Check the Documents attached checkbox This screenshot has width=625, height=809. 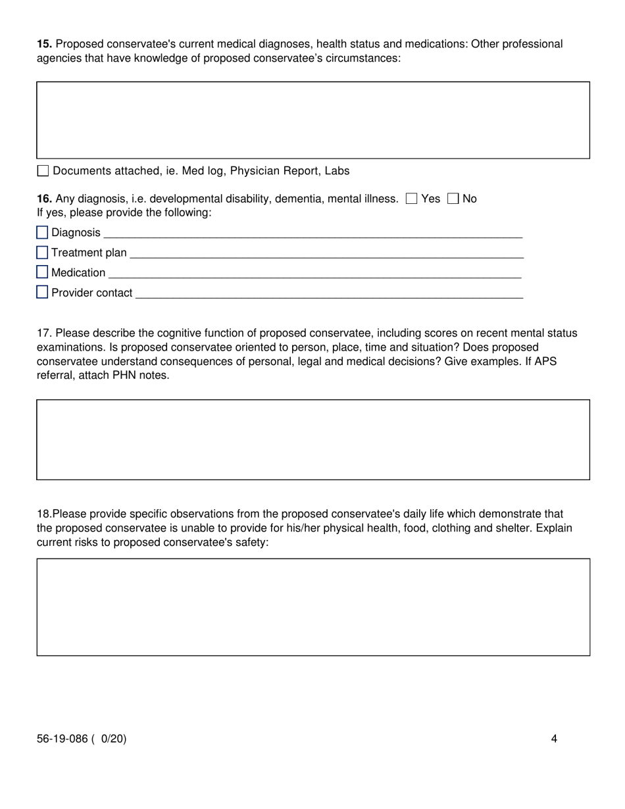[43, 171]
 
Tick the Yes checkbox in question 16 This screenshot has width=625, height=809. [412, 199]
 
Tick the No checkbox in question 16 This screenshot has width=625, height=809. [453, 199]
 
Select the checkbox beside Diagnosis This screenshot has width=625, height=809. [42, 233]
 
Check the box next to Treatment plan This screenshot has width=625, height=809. [42, 253]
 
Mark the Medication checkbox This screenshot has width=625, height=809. [42, 272]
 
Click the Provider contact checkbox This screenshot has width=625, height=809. [42, 293]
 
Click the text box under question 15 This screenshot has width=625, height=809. [313, 120]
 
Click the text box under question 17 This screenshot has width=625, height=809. [313, 439]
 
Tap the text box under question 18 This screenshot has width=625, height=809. [313, 607]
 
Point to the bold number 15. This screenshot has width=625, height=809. [44, 44]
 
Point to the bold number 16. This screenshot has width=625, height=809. [44, 199]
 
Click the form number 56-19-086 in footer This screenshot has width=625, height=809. [62, 739]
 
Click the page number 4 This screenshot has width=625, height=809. [554, 739]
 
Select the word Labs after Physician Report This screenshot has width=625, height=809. [337, 171]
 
